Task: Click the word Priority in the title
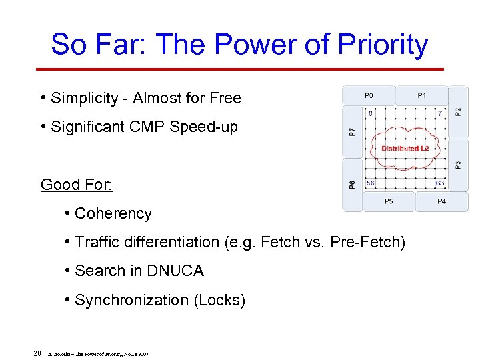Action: click(383, 44)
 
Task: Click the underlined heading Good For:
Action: click(77, 185)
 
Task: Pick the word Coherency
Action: click(113, 213)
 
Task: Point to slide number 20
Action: click(37, 353)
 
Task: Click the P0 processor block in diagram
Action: click(369, 95)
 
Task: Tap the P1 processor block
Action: click(422, 95)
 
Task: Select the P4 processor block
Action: click(441, 201)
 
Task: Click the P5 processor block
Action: click(388, 201)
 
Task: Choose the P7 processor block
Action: click(352, 131)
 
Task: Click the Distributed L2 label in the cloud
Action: click(405, 148)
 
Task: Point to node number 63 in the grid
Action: click(439, 183)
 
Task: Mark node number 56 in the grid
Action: click(370, 183)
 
